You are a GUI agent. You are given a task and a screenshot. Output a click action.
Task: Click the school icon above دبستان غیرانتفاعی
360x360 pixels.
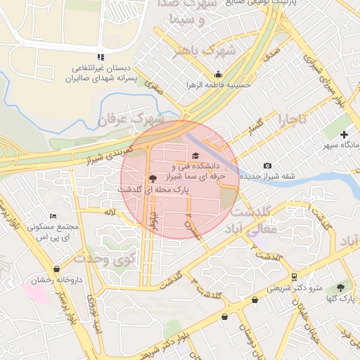(101, 56)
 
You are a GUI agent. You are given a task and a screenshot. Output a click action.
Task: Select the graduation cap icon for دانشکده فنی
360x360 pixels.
(195, 156)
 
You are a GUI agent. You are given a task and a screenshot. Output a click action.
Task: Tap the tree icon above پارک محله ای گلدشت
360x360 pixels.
(153, 179)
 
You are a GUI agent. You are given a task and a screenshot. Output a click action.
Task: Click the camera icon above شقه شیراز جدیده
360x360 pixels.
(267, 166)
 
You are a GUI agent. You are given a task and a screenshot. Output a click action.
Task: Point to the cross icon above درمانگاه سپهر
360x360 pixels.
(344, 134)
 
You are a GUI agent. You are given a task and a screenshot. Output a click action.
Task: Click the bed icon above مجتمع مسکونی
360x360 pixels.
(53, 217)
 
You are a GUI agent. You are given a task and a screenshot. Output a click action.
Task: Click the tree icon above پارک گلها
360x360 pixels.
(341, 287)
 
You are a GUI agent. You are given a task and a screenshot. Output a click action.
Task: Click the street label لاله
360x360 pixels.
(109, 212)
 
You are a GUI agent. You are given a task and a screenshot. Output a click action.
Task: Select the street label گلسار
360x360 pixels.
(258, 127)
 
